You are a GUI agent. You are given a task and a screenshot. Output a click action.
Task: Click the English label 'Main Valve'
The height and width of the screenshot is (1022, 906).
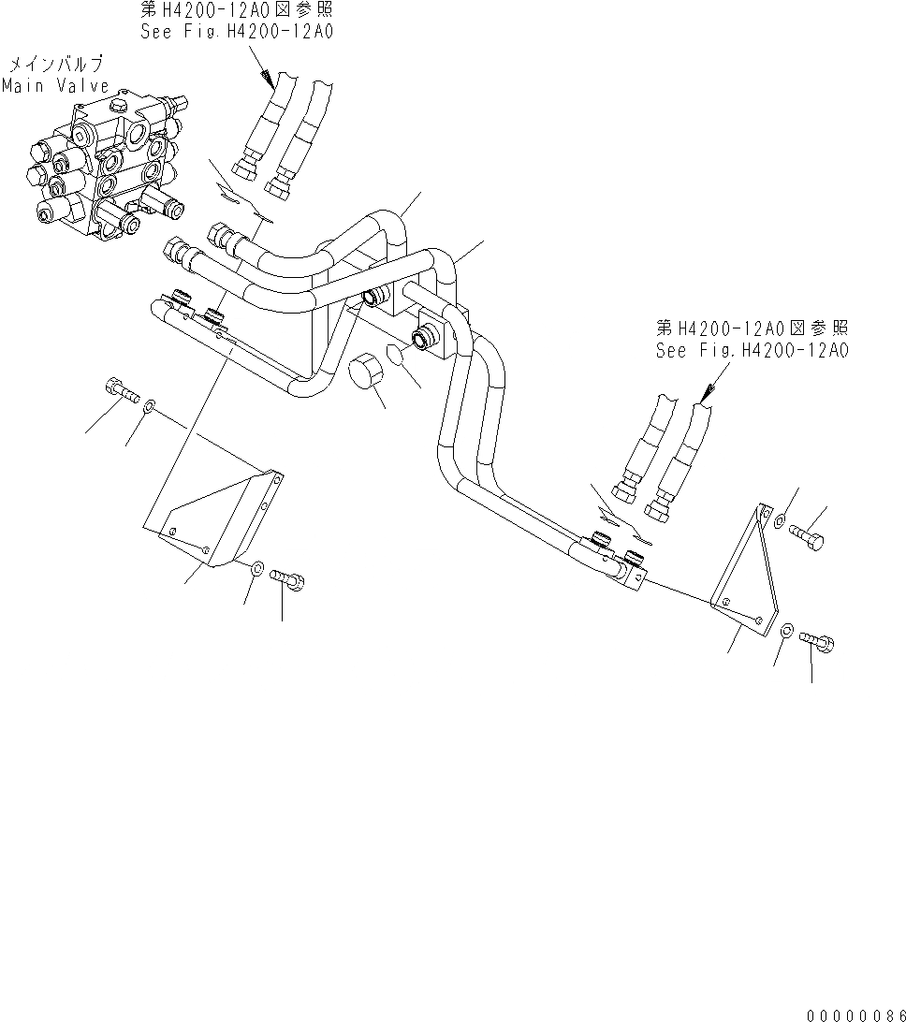[x=55, y=85]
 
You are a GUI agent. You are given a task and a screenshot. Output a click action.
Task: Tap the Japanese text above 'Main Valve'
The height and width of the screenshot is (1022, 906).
[x=56, y=66]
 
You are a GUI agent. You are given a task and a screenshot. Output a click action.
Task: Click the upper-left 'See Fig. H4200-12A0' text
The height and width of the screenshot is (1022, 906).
[x=235, y=30]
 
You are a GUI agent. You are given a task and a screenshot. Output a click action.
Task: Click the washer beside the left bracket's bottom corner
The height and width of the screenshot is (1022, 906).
[x=256, y=565]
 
